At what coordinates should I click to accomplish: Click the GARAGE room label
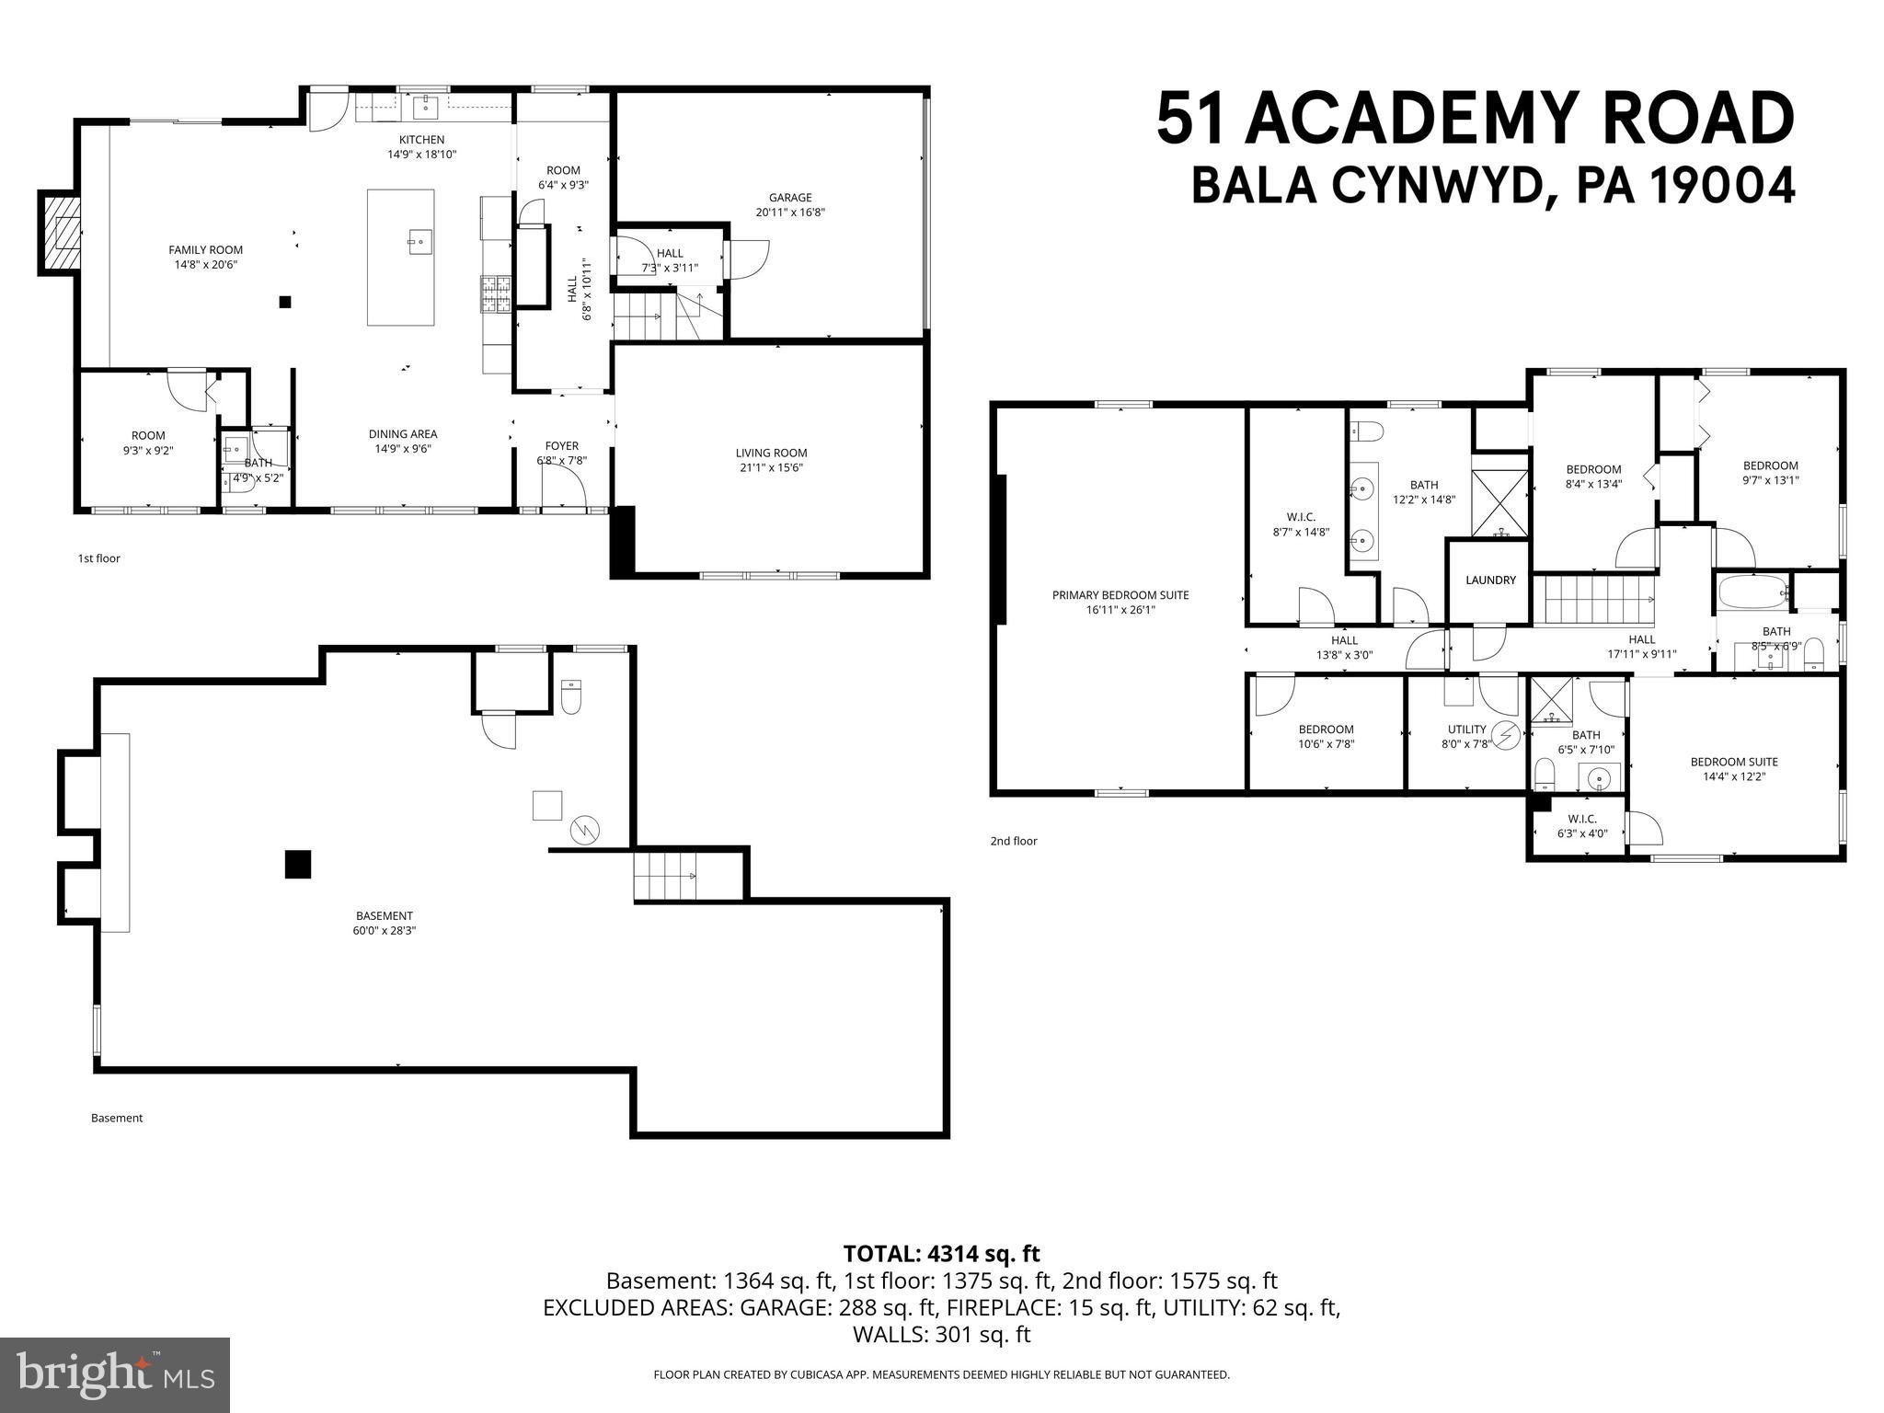pos(790,198)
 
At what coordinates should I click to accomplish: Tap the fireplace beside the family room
pos(60,233)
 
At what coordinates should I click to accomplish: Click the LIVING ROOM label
pos(771,453)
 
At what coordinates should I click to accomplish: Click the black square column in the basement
pos(297,865)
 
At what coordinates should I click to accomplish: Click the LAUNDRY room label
pos(1490,580)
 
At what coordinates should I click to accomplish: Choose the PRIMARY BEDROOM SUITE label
pos(1120,595)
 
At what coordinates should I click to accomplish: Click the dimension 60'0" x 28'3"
pos(385,930)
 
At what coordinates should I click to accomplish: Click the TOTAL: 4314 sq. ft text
pos(941,1254)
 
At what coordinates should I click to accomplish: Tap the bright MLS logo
pos(114,1375)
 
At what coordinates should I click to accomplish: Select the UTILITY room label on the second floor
pos(1466,729)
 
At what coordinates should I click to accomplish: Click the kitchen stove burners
pos(495,295)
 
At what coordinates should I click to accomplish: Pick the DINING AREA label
pos(403,434)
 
